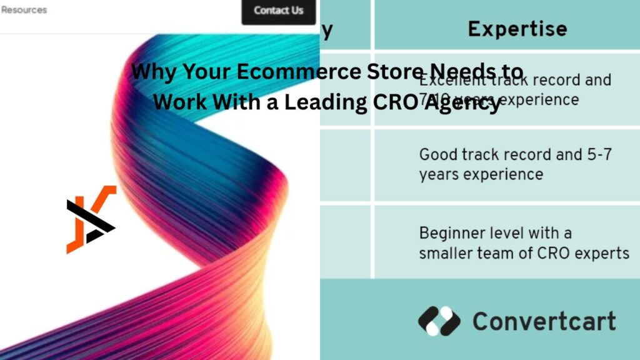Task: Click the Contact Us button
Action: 278,11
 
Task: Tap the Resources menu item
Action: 24,10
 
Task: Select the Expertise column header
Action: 517,29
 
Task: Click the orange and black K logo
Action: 91,219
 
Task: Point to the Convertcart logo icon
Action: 439,321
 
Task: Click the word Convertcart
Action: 544,321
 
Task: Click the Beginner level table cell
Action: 524,243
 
